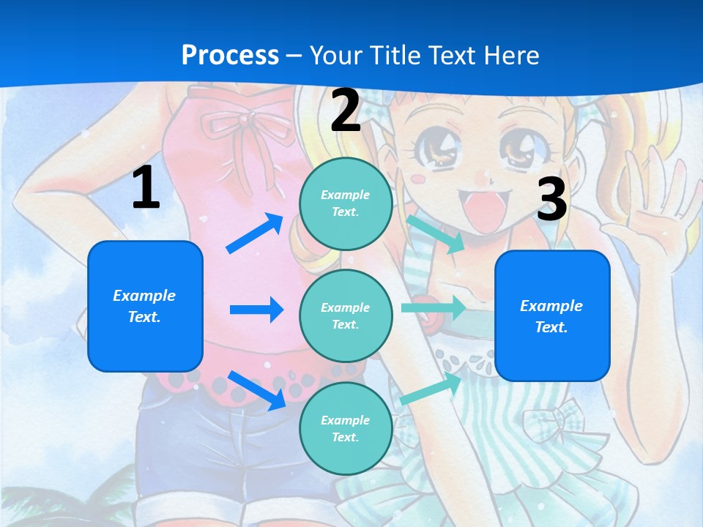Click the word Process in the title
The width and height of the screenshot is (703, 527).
point(230,56)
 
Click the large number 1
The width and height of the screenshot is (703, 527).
point(146,188)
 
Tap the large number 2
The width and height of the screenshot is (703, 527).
point(346,111)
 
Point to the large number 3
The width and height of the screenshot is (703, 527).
point(551,200)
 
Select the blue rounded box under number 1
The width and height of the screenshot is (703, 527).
point(145,306)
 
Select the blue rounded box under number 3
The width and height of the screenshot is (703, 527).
point(552,315)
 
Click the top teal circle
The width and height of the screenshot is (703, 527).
point(346,203)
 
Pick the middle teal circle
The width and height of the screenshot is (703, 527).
point(346,315)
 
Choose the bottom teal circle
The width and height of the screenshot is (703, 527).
point(346,428)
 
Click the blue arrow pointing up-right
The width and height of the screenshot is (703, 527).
point(255,233)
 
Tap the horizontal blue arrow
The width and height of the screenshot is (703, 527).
point(256,310)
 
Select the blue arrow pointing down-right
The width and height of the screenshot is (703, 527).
point(256,389)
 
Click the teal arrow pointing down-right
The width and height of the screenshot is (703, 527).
point(436,233)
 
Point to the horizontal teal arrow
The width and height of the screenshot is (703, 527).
point(433,307)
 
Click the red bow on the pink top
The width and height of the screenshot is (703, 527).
point(252,132)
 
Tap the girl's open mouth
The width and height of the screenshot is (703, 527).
point(483,209)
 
